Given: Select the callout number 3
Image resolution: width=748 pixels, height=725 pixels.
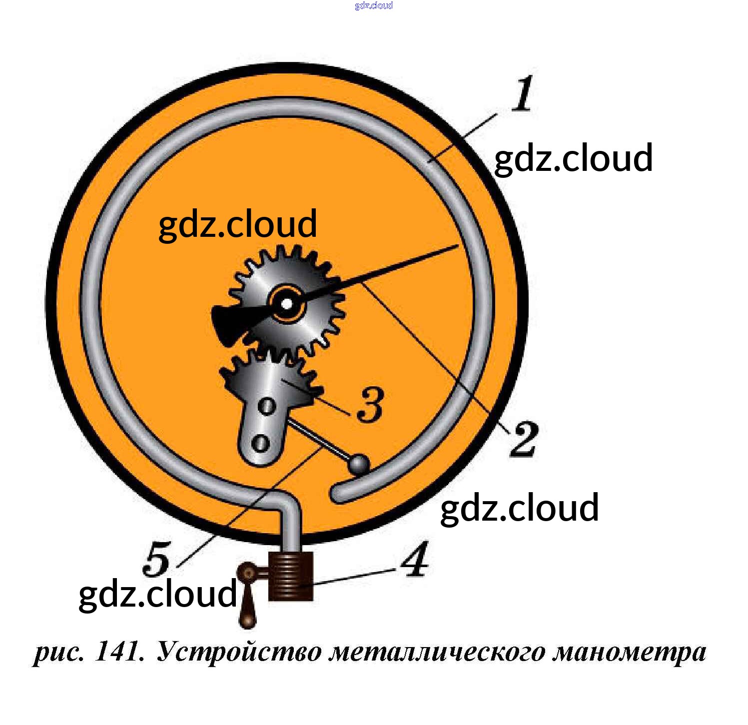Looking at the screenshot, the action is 370,404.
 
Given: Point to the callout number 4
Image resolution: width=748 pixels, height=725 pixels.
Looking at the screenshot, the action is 415,559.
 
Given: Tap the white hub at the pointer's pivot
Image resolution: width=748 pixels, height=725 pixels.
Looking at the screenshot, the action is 286,303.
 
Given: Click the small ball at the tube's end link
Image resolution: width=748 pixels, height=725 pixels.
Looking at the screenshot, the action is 359,464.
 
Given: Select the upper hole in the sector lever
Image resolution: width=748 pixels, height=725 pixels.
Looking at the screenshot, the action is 267,406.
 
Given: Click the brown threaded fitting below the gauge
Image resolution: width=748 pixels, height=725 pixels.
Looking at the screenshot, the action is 291,576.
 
